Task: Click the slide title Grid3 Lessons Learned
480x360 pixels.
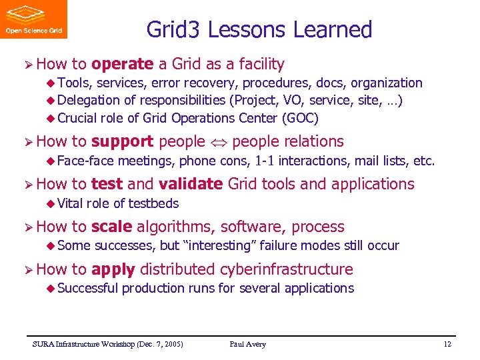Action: pyautogui.click(x=259, y=29)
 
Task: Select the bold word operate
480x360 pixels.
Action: pyautogui.click(x=123, y=64)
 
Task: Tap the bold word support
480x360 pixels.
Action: pyautogui.click(x=123, y=141)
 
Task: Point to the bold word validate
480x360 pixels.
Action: pyautogui.click(x=190, y=184)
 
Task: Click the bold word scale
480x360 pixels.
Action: pyautogui.click(x=111, y=227)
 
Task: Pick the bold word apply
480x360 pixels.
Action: pyautogui.click(x=113, y=269)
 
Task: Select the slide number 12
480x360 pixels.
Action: pyautogui.click(x=447, y=344)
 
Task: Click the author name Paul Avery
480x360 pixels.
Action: pyautogui.click(x=247, y=344)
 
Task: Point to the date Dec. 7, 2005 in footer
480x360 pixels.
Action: pyautogui.click(x=160, y=344)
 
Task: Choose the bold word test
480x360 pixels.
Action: pyautogui.click(x=107, y=184)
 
